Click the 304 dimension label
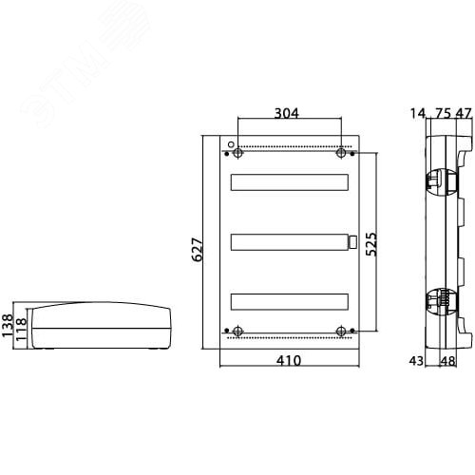(286, 113)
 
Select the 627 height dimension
(198, 250)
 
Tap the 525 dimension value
(371, 244)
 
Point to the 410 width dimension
(289, 361)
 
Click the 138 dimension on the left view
(8, 325)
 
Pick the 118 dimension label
(22, 330)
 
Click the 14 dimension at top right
(418, 113)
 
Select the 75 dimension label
(443, 113)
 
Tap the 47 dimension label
(464, 113)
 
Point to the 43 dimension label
(416, 361)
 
